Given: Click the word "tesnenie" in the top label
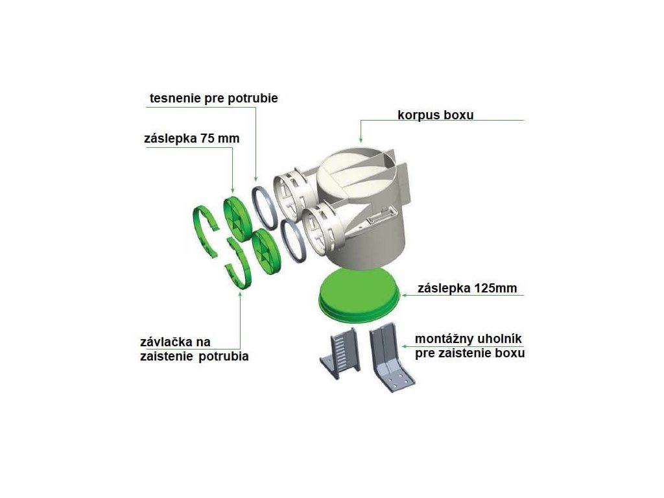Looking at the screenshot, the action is [x=174, y=99].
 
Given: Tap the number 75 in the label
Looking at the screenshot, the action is [x=209, y=139].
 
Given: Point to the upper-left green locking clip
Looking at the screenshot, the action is [x=207, y=230].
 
